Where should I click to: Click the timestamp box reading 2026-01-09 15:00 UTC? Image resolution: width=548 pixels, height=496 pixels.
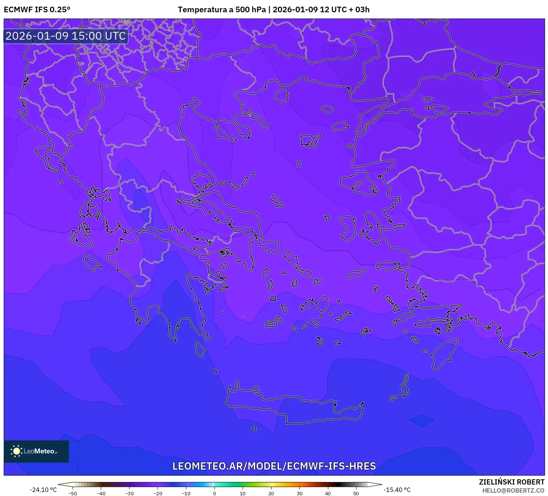(x=66, y=36)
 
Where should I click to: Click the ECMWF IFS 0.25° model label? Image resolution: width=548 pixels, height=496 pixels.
(x=37, y=10)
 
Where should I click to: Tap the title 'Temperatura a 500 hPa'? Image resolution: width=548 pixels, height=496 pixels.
(x=222, y=10)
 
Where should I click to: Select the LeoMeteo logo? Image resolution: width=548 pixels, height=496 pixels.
(x=36, y=451)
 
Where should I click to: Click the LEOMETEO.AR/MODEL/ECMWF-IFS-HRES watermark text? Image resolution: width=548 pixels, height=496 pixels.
(x=274, y=466)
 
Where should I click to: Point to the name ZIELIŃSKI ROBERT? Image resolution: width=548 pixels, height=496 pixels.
(x=511, y=482)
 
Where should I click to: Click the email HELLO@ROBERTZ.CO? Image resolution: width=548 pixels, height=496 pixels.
(x=513, y=490)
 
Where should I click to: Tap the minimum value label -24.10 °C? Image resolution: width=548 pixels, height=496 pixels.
(x=43, y=490)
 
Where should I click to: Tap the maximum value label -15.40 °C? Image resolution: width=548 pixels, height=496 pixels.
(x=397, y=490)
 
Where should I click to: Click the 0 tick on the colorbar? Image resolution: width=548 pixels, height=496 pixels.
(x=215, y=493)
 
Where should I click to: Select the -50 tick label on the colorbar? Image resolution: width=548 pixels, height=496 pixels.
(x=73, y=493)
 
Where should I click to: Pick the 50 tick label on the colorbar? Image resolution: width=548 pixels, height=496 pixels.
(x=356, y=493)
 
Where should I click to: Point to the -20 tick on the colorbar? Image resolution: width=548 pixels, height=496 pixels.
(x=158, y=493)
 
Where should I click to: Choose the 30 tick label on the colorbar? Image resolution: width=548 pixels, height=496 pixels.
(x=299, y=493)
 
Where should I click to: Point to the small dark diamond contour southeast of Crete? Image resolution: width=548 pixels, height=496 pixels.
(x=421, y=420)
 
